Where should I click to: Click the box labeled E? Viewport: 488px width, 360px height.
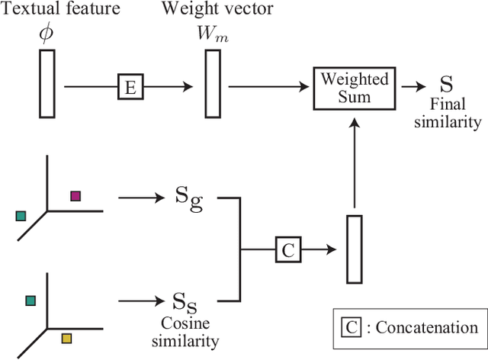(130, 88)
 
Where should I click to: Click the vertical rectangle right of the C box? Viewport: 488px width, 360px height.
(353, 249)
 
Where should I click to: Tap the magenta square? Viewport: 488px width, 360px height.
(75, 196)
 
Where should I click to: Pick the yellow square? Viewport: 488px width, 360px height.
(66, 338)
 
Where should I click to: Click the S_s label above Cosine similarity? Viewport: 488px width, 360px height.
(184, 301)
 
